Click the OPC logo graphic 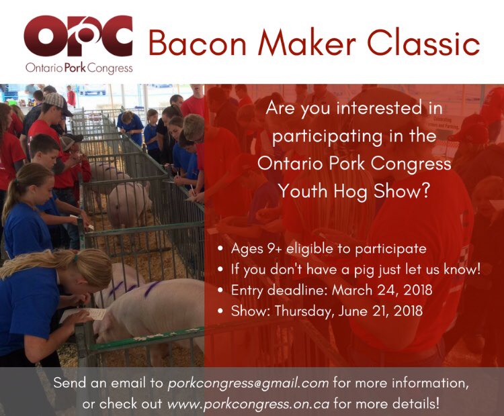78,38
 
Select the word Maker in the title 310,44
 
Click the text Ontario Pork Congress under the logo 78,68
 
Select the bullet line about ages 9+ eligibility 328,248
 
